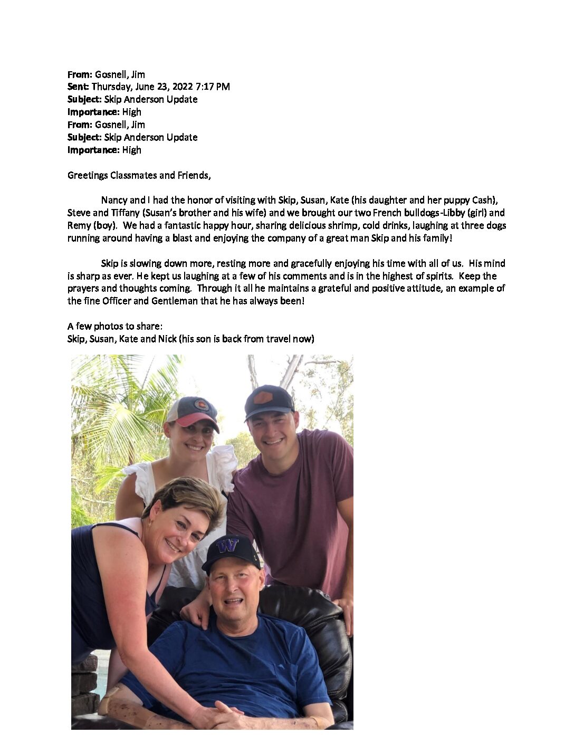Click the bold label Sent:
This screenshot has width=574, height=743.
(x=78, y=87)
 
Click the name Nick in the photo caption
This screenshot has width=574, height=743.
(x=167, y=339)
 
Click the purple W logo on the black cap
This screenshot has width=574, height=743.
(x=228, y=545)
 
